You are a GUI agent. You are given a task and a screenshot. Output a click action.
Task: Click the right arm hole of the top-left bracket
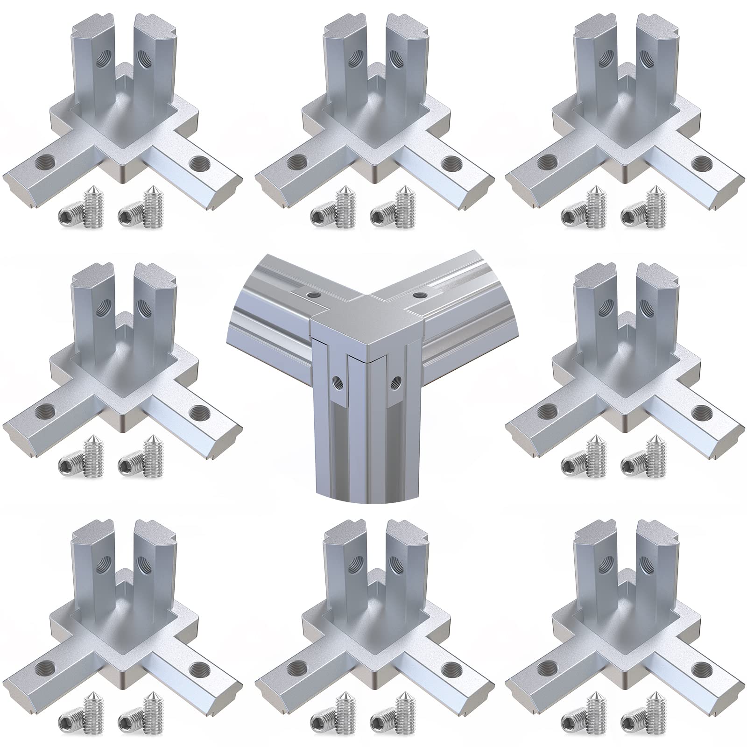[199, 163]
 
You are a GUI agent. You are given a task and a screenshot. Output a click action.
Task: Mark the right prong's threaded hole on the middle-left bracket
[141, 307]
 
